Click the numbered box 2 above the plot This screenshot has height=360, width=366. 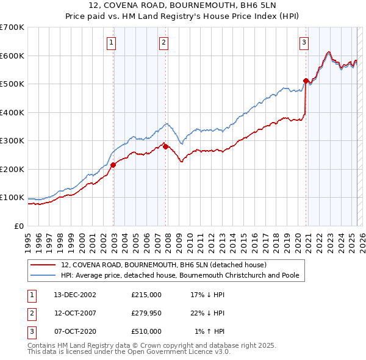165,42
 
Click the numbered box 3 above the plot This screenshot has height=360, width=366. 304,42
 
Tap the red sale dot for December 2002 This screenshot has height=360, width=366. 113,165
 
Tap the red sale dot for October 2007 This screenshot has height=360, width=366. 165,146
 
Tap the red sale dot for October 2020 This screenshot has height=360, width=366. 306,81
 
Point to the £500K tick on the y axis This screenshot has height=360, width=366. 12,84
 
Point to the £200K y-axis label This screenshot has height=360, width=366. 12,169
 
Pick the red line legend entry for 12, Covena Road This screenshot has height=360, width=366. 163,265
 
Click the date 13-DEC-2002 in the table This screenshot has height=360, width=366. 75,294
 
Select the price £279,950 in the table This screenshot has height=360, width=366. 146,313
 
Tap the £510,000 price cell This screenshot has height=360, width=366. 146,331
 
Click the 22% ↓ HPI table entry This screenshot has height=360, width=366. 207,313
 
